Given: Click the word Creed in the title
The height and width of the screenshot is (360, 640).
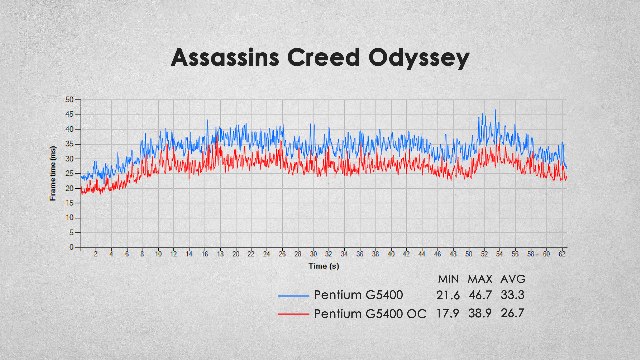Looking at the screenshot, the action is pyautogui.click(x=323, y=57).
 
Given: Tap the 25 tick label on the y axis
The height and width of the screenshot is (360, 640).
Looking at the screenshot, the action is pyautogui.click(x=69, y=173).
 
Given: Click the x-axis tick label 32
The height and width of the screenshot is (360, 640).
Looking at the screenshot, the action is pyautogui.click(x=329, y=254).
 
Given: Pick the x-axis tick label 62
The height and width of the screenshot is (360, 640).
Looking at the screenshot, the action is pyautogui.click(x=562, y=254).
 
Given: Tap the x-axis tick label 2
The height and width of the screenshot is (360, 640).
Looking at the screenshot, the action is pyautogui.click(x=96, y=254).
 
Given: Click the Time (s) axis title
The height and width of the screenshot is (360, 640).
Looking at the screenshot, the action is pyautogui.click(x=324, y=266).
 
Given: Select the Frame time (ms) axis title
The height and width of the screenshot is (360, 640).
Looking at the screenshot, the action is pyautogui.click(x=53, y=173).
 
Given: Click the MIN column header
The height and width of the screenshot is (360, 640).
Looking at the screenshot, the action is pyautogui.click(x=448, y=279).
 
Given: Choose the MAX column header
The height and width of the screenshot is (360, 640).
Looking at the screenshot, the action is pyautogui.click(x=480, y=279).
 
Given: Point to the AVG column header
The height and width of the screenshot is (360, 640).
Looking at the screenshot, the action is pyautogui.click(x=513, y=279).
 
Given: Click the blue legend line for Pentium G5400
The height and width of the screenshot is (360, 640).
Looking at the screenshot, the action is pyautogui.click(x=293, y=296).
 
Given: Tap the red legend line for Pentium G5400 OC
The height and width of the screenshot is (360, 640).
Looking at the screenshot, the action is pyautogui.click(x=293, y=314).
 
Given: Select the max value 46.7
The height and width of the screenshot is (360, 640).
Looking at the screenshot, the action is pyautogui.click(x=480, y=295).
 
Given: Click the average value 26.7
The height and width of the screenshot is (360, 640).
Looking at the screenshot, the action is pyautogui.click(x=513, y=313).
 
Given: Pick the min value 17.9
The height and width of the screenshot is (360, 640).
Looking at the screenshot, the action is pyautogui.click(x=448, y=313).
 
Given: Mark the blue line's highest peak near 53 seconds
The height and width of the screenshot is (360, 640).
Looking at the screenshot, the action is pyautogui.click(x=495, y=110).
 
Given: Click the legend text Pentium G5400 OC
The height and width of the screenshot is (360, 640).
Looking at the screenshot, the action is pyautogui.click(x=370, y=314).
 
